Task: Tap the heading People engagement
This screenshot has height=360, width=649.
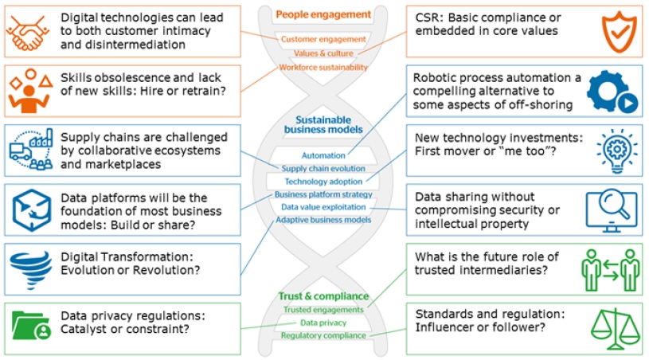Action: tap(323, 14)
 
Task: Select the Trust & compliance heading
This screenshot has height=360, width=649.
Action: tap(323, 296)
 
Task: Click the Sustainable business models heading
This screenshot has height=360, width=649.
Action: tap(324, 123)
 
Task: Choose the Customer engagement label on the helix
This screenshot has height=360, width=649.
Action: tap(323, 39)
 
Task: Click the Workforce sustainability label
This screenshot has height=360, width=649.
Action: tap(323, 68)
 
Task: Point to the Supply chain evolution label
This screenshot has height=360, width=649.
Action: tap(323, 169)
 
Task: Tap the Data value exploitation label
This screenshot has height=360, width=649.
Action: tap(323, 207)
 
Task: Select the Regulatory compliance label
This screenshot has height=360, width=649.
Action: tap(323, 335)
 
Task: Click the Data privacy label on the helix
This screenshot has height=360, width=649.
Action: tap(323, 323)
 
